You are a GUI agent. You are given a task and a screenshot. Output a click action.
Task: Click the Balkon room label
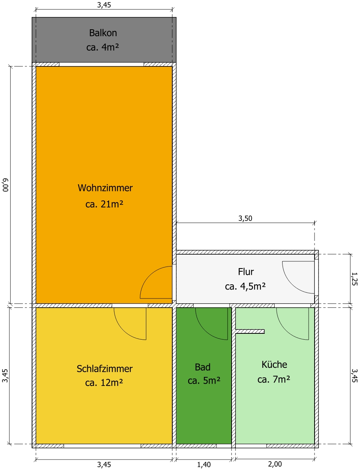click(103, 32)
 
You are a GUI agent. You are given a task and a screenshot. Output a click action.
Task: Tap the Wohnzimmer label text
click(105, 188)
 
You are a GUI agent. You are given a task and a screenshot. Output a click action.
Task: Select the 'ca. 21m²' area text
click(104, 204)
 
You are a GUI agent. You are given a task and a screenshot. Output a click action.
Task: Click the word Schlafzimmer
click(105, 369)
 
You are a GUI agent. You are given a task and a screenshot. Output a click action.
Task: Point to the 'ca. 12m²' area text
click(104, 382)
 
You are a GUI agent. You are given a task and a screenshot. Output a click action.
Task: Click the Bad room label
click(203, 367)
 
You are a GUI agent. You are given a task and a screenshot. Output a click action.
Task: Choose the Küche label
click(274, 364)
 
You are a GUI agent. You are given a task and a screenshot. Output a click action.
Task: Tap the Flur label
click(246, 272)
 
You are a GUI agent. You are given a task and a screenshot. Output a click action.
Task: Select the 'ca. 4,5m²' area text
click(245, 287)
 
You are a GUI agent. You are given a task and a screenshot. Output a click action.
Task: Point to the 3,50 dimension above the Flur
click(245, 218)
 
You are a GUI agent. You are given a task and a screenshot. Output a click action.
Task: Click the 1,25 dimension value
click(354, 279)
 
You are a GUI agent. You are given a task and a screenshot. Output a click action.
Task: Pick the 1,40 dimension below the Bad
click(204, 465)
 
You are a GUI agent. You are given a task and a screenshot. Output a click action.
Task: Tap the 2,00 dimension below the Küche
click(275, 464)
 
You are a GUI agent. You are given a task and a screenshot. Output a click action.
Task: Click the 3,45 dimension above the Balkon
click(104, 5)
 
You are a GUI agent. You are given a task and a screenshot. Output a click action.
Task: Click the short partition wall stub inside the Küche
click(250, 331)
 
